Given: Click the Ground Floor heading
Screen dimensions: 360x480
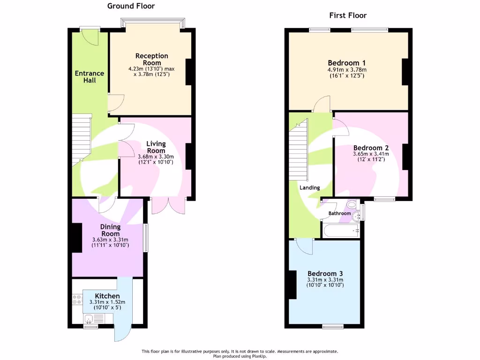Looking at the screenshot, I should [x=131, y=6].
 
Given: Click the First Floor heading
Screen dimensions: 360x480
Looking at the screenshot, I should [x=347, y=15].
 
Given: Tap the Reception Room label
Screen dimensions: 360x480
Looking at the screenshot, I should [x=151, y=59].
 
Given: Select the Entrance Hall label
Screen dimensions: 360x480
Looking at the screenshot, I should [x=90, y=76].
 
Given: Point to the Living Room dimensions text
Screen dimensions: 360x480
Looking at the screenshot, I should [x=156, y=159].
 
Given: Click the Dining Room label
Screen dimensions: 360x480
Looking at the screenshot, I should [x=111, y=230].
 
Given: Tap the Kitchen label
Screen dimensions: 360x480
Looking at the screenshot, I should [x=107, y=296].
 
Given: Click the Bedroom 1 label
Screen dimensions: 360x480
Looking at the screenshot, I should [x=346, y=63].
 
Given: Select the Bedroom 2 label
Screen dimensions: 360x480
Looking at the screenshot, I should [x=371, y=147].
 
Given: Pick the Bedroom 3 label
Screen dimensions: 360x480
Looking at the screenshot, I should [x=325, y=274].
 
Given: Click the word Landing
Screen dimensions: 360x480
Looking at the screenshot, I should [x=310, y=187].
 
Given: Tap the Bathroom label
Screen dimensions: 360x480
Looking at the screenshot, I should [x=339, y=213].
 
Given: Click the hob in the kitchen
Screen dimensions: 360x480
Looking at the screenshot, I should [x=77, y=300].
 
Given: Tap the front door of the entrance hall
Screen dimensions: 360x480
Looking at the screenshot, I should [x=90, y=37].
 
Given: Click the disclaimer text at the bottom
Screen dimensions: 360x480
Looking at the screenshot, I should [x=240, y=351].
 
